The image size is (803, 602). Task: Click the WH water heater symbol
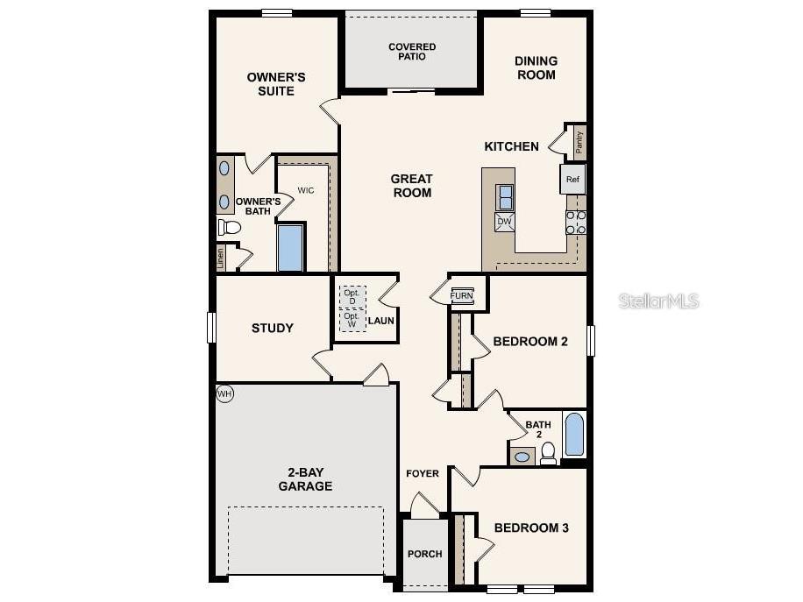point(225,393)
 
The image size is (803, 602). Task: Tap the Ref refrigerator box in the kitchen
point(572,180)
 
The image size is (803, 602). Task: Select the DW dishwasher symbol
point(504,222)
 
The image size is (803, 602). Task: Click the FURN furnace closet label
point(461,295)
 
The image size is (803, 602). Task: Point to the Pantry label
point(579,140)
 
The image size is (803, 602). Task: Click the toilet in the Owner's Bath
point(230,228)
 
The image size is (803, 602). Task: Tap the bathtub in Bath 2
point(573,436)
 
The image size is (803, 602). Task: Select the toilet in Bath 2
point(548,453)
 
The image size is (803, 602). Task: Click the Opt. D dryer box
point(352,296)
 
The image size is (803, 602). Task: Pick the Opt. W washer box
point(352,320)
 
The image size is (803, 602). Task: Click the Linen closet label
point(221,258)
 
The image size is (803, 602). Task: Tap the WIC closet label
point(306,190)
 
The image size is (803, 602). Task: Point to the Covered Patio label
point(412,52)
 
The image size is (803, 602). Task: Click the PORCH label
point(424,554)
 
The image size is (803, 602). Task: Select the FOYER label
point(423,474)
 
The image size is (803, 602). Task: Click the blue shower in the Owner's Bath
point(290,248)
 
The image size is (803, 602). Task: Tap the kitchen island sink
point(505,197)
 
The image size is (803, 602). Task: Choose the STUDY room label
point(273,329)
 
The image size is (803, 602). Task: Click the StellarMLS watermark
point(659,301)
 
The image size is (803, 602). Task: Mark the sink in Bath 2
point(522,457)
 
